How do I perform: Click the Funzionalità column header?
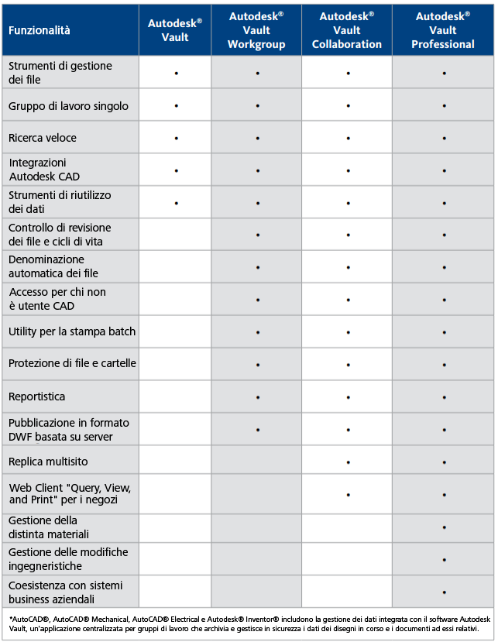tap(39, 30)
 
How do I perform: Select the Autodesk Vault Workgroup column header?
tap(256, 30)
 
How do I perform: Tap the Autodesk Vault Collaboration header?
tap(347, 30)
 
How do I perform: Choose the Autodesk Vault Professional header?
tap(443, 30)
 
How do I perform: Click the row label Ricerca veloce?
tap(43, 138)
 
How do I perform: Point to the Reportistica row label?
tap(37, 397)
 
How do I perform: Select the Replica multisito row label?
tap(48, 462)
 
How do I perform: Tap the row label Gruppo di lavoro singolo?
tap(68, 105)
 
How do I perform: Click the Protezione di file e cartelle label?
tap(72, 363)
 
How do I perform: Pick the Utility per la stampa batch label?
tap(72, 331)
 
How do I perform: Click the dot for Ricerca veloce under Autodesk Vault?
tap(176, 138)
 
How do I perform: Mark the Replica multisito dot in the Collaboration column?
tap(348, 462)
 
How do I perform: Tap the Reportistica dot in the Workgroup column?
tap(257, 397)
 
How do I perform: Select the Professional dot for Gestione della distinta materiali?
tap(444, 527)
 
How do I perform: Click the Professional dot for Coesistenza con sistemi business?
tap(444, 592)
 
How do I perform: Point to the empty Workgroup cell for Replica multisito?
tap(256, 462)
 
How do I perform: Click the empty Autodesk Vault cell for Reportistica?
tap(175, 397)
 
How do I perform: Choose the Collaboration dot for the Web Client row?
tap(348, 494)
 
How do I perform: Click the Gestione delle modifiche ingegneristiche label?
tap(68, 559)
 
